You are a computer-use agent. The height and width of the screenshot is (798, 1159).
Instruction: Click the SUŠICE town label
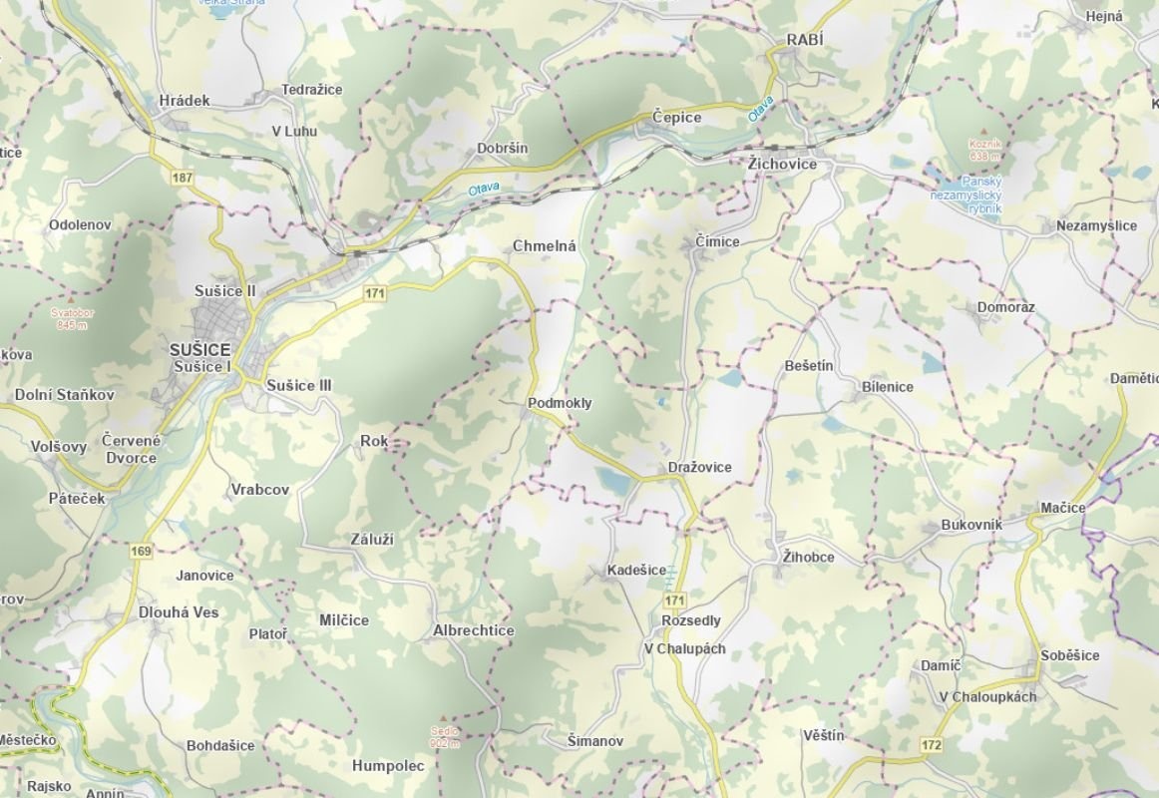coord(199,350)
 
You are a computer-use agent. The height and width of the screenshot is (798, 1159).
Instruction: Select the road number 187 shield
coord(182,178)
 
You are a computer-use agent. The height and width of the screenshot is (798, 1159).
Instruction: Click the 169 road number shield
coord(141,551)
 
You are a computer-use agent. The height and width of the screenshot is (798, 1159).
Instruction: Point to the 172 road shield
coord(932,745)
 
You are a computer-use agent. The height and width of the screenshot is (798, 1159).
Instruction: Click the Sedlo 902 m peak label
coord(445,736)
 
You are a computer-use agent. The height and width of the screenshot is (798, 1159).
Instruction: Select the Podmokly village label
coord(559,403)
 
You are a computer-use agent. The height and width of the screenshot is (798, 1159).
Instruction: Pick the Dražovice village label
coord(699,467)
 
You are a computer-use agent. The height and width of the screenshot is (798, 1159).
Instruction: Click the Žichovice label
coord(782,164)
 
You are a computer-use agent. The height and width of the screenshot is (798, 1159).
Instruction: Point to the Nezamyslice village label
coord(1096,225)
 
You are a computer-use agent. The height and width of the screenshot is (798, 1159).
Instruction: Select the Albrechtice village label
coord(474,630)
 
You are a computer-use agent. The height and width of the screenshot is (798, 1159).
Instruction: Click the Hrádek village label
coord(185,101)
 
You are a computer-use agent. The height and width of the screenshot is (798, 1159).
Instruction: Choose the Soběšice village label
coord(1069,655)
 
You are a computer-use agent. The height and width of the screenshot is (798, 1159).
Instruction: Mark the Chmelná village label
coord(545,245)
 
